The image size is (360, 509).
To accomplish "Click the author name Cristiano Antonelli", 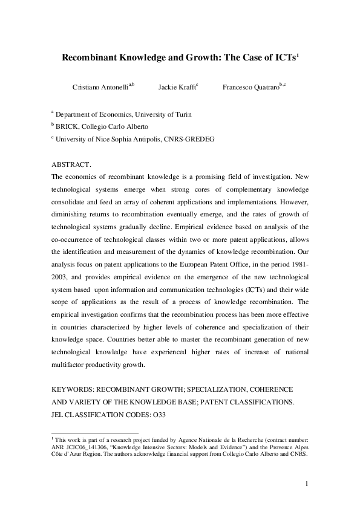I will click(99, 87).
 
